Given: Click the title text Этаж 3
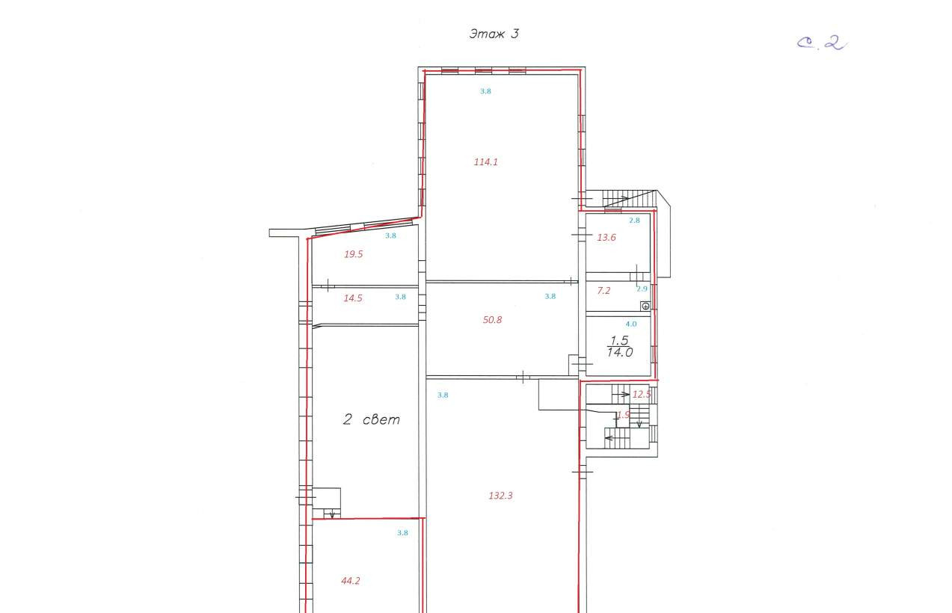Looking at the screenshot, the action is [x=494, y=34].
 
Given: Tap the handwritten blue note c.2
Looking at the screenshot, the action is [x=822, y=43].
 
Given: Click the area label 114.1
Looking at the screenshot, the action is [x=486, y=162].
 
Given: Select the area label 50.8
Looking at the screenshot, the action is [x=492, y=320].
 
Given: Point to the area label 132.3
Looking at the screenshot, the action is [x=500, y=496].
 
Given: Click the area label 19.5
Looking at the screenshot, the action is [x=354, y=254].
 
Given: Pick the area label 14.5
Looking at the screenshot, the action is [x=353, y=298].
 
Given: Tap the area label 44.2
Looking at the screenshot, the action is [x=351, y=581].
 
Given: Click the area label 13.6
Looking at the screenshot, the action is [x=606, y=238].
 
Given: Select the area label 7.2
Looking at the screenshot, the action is [x=604, y=291].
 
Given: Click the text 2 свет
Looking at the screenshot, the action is [x=372, y=419].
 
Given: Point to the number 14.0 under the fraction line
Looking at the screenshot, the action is [x=620, y=352].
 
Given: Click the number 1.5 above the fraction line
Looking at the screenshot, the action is [x=619, y=340].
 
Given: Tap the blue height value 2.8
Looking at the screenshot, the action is [x=634, y=221].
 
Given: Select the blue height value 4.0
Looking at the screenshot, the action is [x=631, y=324].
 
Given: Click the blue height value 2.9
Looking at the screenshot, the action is [x=642, y=289].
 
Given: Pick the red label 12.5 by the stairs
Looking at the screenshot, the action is [x=642, y=394].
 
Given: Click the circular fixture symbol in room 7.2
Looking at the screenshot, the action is [x=645, y=306].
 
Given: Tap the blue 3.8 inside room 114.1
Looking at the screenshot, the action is [x=486, y=91].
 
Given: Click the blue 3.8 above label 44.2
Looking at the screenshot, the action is [x=402, y=533].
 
